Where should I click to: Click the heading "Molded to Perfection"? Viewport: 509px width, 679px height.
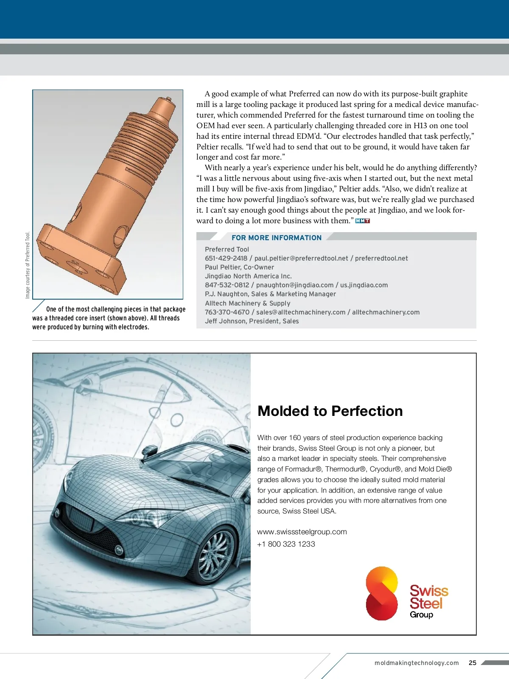click(x=330, y=411)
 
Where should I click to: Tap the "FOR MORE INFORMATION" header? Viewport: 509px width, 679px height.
click(x=277, y=238)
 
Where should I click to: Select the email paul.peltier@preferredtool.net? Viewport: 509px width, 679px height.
click(x=301, y=258)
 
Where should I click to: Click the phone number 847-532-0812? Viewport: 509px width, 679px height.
click(x=227, y=285)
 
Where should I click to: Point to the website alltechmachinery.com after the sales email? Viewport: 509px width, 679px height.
click(x=386, y=312)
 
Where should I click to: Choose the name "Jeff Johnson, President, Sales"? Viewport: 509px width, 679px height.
click(x=252, y=321)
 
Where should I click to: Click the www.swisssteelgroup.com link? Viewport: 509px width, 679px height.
click(x=302, y=532)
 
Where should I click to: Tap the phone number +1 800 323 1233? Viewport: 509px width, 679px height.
click(x=286, y=544)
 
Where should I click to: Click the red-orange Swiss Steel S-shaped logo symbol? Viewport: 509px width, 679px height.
click(x=382, y=593)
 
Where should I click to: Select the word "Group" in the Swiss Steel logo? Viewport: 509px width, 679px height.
click(x=421, y=614)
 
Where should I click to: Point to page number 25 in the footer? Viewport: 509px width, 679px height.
click(x=473, y=662)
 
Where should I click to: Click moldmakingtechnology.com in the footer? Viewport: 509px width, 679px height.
click(x=417, y=663)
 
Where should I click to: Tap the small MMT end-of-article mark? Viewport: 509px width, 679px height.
click(x=363, y=221)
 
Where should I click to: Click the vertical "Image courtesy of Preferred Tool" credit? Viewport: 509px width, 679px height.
click(x=28, y=265)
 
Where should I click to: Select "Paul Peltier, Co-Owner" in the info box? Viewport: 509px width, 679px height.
click(x=240, y=267)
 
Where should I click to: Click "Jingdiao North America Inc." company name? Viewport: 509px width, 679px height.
click(x=249, y=276)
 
